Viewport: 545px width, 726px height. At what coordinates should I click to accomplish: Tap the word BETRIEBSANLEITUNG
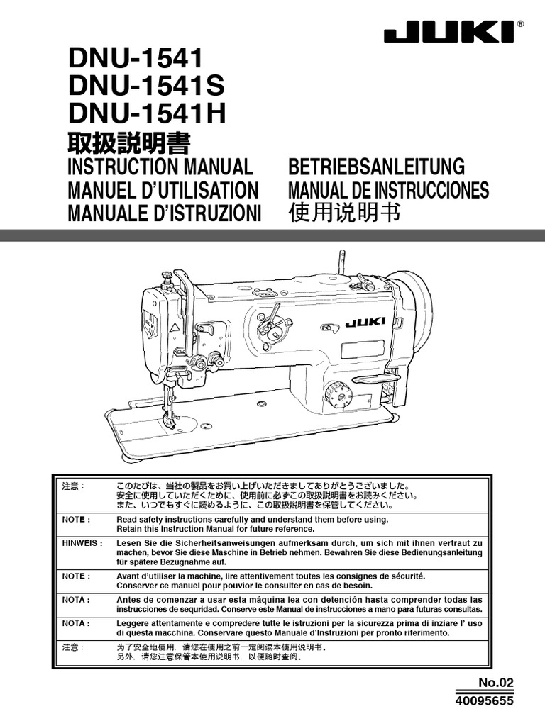376,167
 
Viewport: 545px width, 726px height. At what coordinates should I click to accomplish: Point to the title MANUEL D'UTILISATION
162,190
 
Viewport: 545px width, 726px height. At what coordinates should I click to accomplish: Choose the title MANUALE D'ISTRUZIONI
164,213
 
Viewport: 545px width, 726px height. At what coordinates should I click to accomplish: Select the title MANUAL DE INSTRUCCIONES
388,190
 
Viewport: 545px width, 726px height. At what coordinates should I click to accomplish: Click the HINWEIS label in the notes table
78,542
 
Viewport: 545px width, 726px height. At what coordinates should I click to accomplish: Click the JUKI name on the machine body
366,323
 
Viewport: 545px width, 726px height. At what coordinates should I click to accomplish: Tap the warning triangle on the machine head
174,328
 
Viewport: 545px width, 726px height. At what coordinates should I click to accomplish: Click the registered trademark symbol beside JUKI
521,23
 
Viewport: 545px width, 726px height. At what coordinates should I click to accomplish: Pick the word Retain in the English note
131,528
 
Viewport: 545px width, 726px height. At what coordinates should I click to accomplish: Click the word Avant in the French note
131,577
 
